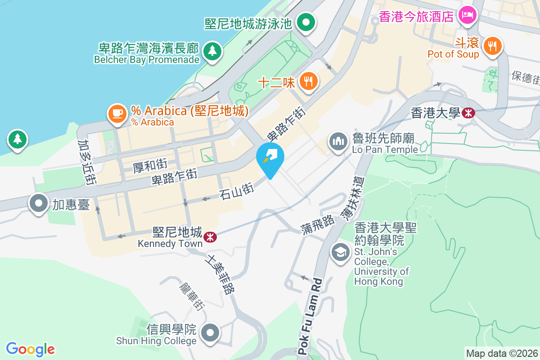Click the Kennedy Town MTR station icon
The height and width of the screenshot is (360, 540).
click(209, 236)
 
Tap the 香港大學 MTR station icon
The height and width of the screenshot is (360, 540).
click(468, 112)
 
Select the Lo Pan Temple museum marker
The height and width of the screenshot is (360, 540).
click(337, 142)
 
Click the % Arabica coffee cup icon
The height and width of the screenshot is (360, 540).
click(117, 113)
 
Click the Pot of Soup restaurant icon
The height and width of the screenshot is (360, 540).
click(492, 46)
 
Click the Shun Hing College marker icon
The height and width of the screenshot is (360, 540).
click(210, 333)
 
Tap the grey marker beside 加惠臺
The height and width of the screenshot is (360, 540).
click(39, 203)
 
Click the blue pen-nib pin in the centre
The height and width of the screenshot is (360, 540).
click(270, 157)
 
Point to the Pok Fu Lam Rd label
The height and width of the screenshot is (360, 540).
click(311, 315)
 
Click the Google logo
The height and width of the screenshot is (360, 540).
click(30, 349)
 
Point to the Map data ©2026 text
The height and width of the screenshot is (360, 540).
click(502, 354)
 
